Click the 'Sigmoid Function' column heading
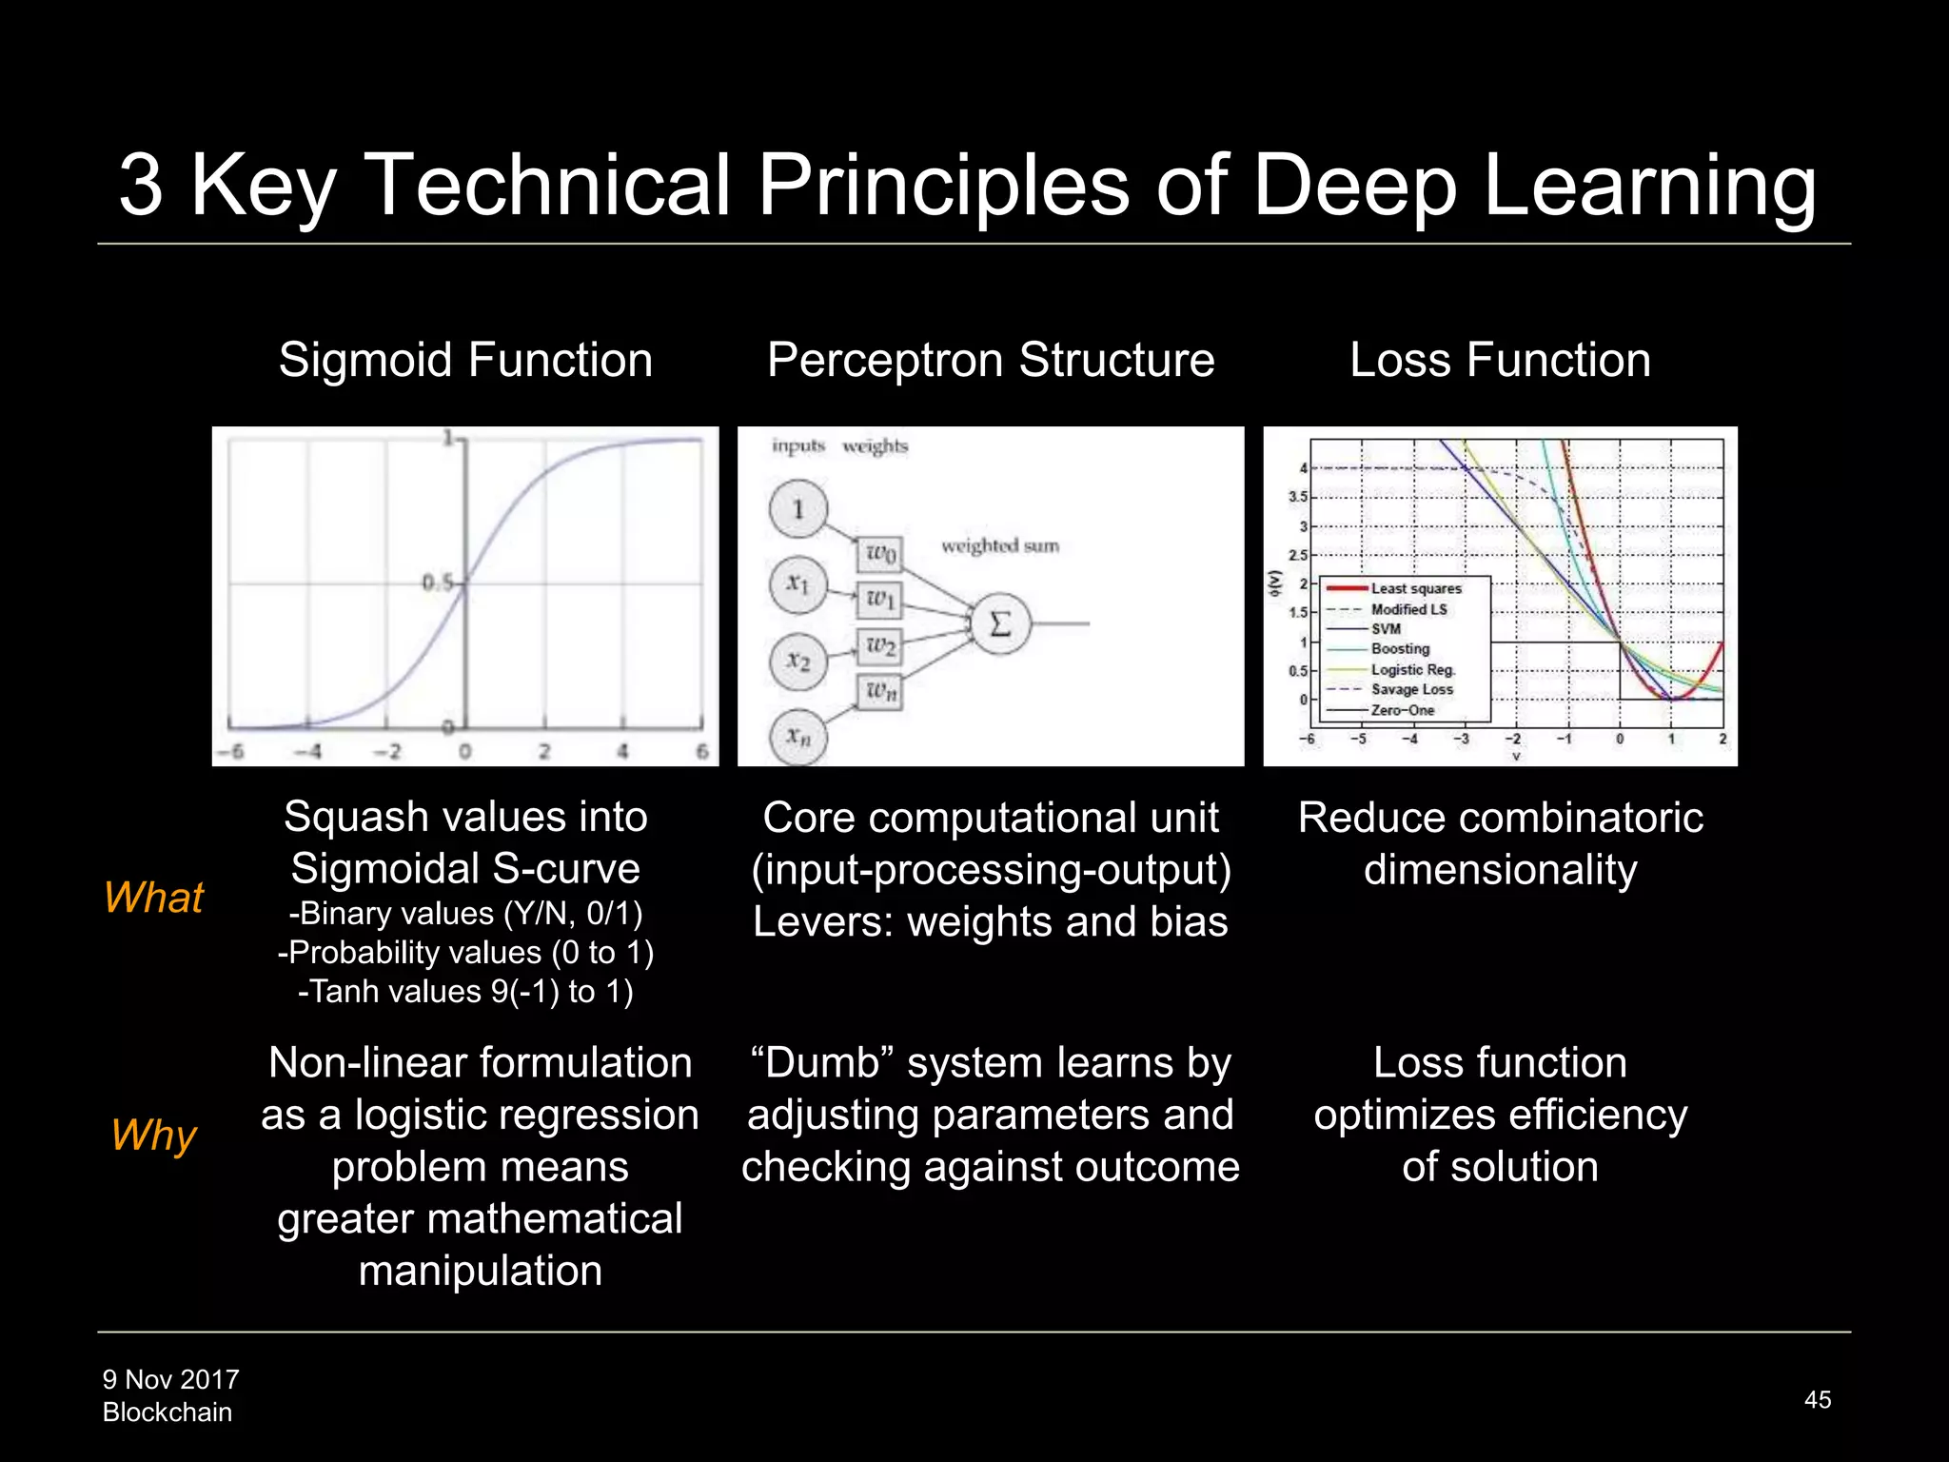465,361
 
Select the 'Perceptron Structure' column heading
991,361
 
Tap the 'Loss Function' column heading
1500,361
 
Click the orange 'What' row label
153,898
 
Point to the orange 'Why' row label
153,1135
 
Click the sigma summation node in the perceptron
999,623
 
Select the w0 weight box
880,553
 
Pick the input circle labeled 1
798,509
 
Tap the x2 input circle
798,661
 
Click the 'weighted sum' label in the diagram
999,545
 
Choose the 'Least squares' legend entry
1415,588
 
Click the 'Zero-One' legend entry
1402,710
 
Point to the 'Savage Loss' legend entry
1411,689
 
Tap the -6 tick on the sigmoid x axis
231,751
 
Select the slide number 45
1817,1399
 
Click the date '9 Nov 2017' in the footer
171,1379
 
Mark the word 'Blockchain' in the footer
167,1413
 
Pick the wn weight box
880,692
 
